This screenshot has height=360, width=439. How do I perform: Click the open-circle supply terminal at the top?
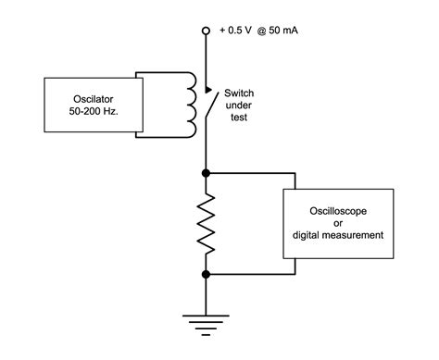pyautogui.click(x=205, y=31)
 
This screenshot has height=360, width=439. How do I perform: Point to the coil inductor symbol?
pyautogui.click(x=193, y=105)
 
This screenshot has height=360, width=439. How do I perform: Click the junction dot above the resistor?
pyautogui.click(x=205, y=171)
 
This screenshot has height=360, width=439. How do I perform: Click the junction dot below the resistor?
pyautogui.click(x=205, y=273)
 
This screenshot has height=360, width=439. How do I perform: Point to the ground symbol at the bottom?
pyautogui.click(x=205, y=319)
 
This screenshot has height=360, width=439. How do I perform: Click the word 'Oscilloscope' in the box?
pyautogui.click(x=335, y=210)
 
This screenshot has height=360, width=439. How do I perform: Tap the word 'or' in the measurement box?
pyautogui.click(x=335, y=223)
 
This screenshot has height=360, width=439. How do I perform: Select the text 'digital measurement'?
pyautogui.click(x=335, y=236)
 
